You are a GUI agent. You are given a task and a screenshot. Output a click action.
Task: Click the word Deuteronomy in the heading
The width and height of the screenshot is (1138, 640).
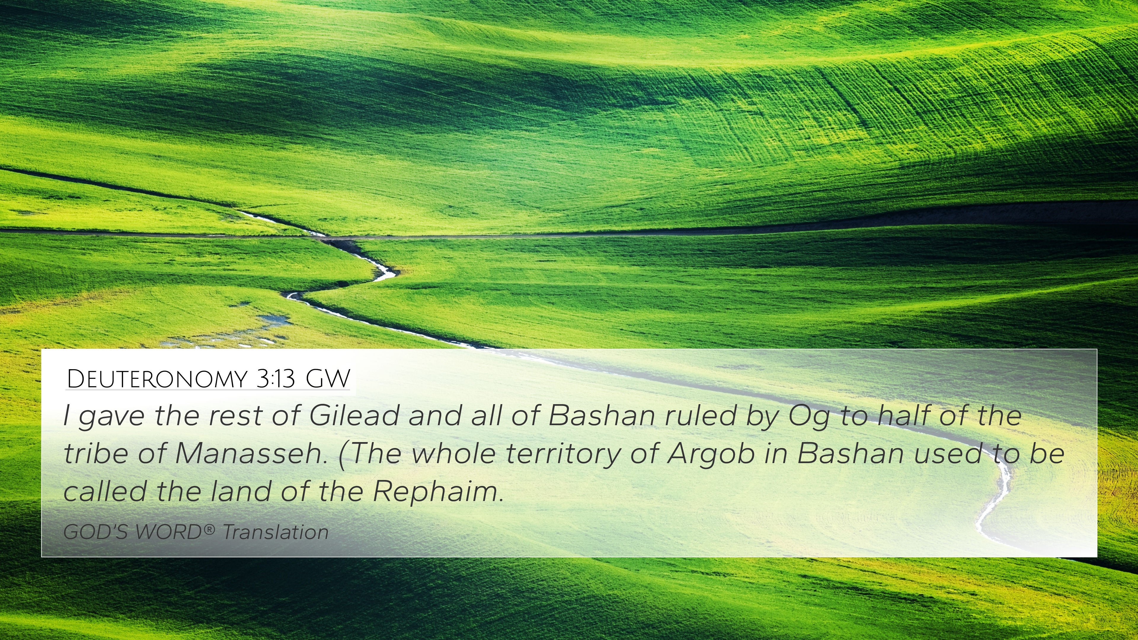(157, 379)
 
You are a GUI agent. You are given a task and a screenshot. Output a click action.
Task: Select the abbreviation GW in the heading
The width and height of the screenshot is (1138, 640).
(328, 379)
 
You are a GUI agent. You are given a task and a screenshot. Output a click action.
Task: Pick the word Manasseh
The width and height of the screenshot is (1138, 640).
(251, 453)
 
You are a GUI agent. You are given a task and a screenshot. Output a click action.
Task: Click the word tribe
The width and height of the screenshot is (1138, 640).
(96, 453)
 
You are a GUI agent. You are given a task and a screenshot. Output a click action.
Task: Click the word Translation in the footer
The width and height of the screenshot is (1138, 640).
(275, 532)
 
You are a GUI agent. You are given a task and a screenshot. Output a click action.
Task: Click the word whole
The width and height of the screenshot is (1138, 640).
(454, 453)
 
